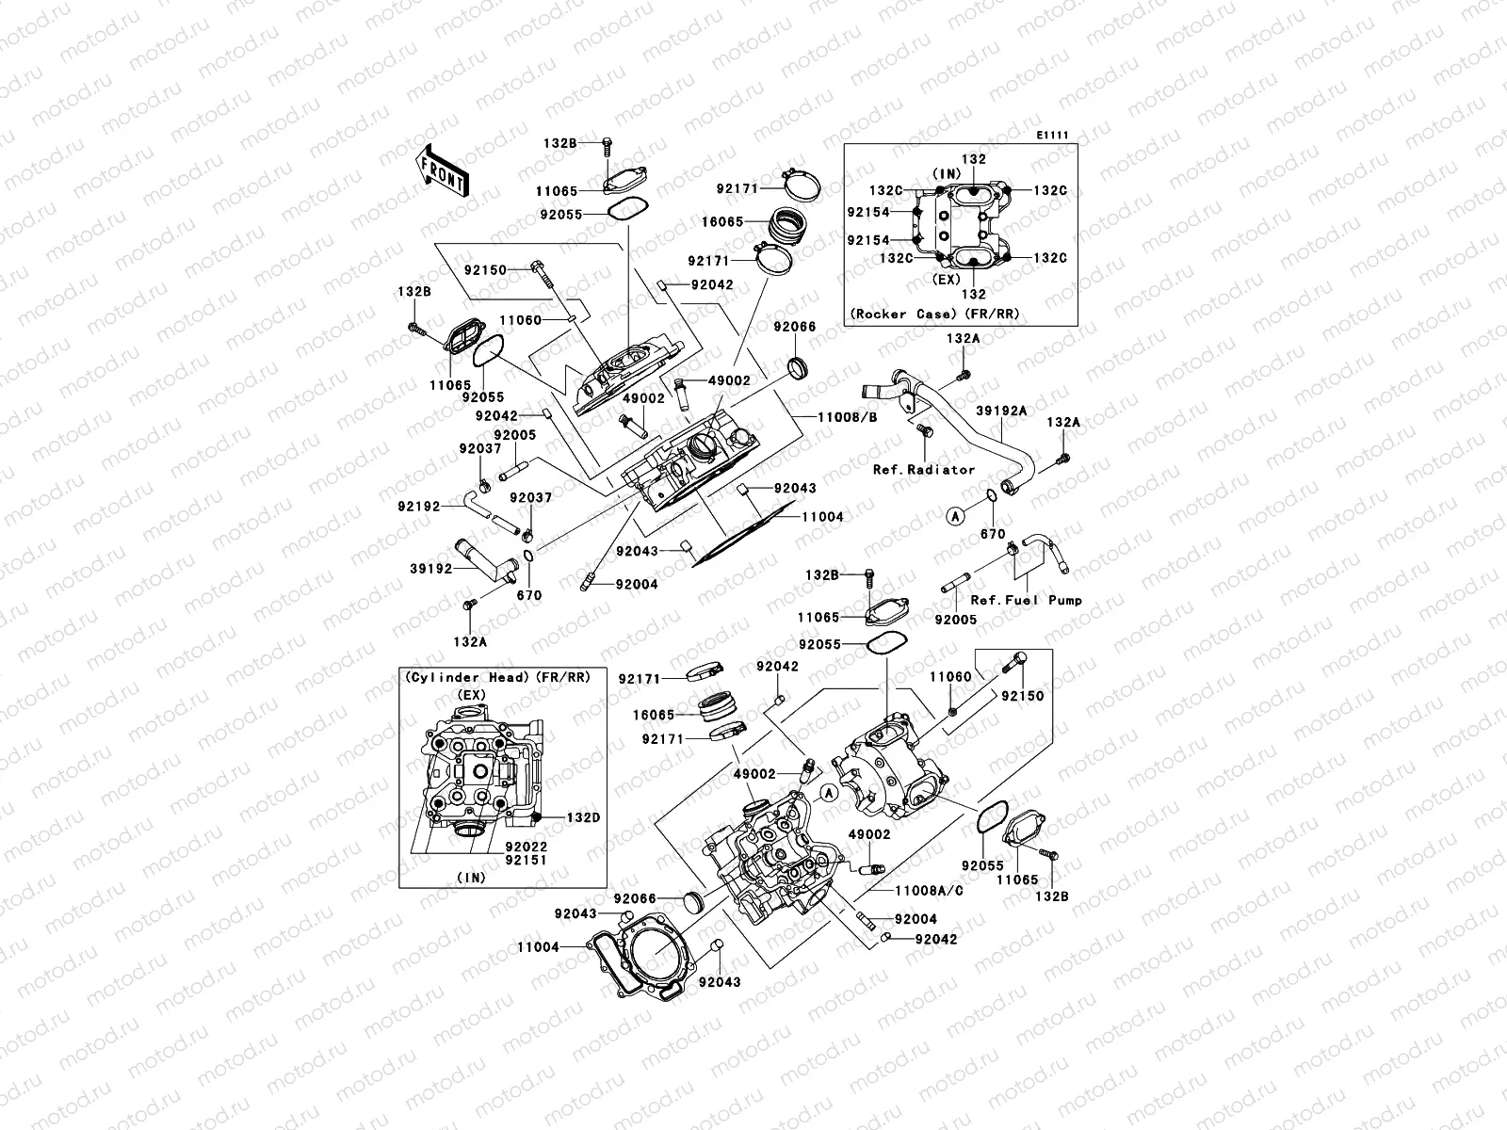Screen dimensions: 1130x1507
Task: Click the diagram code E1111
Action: coord(1052,136)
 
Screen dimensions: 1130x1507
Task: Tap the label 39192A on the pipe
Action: coord(1001,411)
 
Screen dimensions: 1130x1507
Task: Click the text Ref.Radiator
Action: coord(924,469)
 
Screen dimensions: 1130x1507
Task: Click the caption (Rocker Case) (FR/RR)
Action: coord(934,314)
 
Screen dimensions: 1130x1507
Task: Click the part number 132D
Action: coord(582,817)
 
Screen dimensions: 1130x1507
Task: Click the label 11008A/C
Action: coord(928,890)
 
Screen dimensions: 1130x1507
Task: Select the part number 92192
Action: coord(418,506)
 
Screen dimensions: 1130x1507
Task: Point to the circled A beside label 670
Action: coord(955,515)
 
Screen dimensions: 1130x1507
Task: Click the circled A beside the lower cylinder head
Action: coord(828,793)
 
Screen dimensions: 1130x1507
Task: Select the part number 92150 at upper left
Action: coord(485,270)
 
